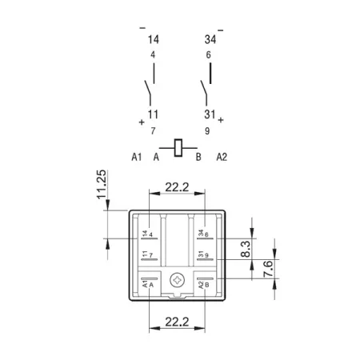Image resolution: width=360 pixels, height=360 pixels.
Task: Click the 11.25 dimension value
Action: pyautogui.click(x=102, y=185)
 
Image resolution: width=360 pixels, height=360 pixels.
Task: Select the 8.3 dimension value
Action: pyautogui.click(x=246, y=249)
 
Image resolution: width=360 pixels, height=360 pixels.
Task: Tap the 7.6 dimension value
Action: pyautogui.click(x=268, y=269)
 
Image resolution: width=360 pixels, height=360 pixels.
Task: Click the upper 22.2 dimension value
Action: pyautogui.click(x=177, y=187)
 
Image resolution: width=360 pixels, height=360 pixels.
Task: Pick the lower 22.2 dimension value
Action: pyautogui.click(x=177, y=322)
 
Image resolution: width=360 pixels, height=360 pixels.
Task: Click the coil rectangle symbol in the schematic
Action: pyautogui.click(x=178, y=148)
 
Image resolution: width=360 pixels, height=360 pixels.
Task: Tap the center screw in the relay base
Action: pyautogui.click(x=178, y=280)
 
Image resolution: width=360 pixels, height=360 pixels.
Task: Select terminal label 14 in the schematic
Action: pyautogui.click(x=154, y=39)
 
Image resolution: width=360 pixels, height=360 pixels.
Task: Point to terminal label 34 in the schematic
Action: pyautogui.click(x=210, y=39)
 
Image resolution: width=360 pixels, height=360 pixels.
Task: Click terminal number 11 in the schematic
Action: pyautogui.click(x=153, y=114)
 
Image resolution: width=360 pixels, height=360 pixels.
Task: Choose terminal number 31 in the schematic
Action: pyautogui.click(x=210, y=114)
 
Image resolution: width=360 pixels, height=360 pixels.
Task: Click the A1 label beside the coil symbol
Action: pyautogui.click(x=137, y=157)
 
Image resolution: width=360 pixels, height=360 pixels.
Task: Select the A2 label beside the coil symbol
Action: pyautogui.click(x=222, y=157)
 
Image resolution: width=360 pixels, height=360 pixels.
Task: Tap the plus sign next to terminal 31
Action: pyautogui.click(x=221, y=120)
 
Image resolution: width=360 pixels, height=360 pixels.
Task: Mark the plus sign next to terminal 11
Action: pyautogui.click(x=142, y=122)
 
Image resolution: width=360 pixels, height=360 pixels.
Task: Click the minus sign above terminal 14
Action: pyautogui.click(x=142, y=28)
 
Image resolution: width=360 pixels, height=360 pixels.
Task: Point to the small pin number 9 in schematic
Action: pyautogui.click(x=207, y=131)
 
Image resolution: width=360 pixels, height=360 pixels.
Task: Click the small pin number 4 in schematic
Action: pyautogui.click(x=153, y=54)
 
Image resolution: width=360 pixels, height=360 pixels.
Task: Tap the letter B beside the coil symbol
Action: pyautogui.click(x=198, y=157)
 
